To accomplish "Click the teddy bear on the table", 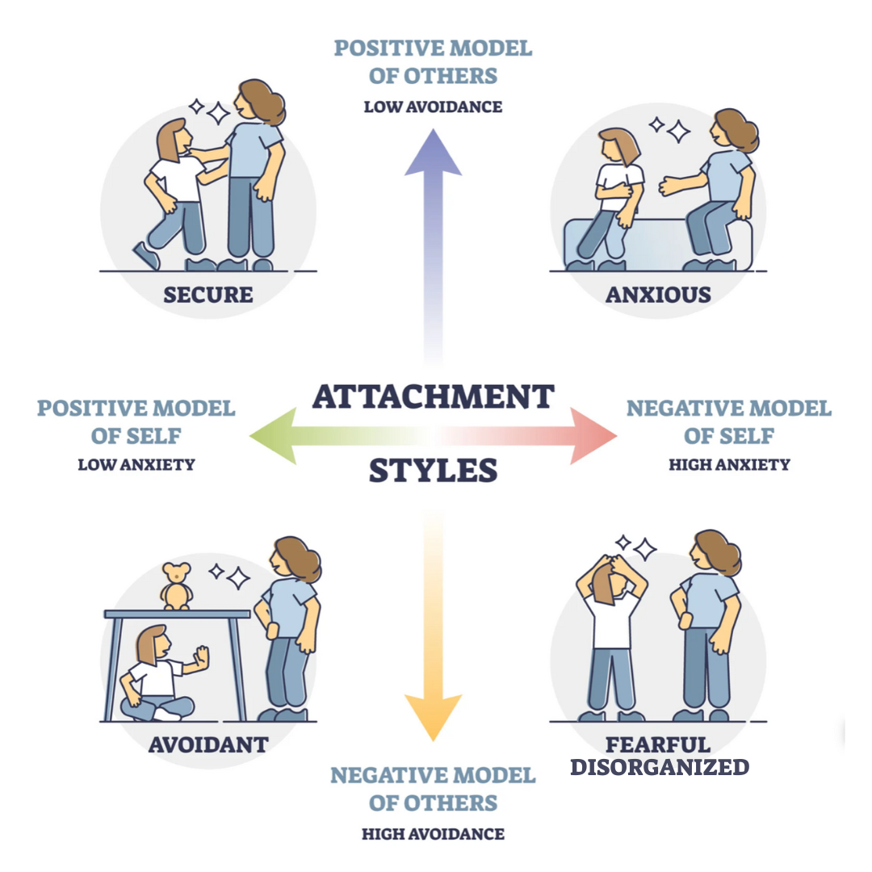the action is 177,586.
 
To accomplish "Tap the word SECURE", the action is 208,295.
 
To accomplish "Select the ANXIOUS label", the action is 659,295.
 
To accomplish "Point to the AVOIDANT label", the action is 208,744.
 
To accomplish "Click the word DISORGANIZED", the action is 660,768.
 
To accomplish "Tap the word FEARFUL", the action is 658,744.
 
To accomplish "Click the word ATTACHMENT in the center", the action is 434,397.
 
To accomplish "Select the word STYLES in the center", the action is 434,471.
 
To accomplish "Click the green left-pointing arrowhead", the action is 273,436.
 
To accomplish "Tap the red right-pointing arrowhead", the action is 593,436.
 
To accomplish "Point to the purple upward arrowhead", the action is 434,153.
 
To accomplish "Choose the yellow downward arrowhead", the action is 434,718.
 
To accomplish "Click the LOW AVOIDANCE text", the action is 434,107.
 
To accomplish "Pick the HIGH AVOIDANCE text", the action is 434,834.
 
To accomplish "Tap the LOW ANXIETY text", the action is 136,464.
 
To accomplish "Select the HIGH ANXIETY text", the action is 729,464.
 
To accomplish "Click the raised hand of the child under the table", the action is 201,656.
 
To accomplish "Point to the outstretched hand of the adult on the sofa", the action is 669,187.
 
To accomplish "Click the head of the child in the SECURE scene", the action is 174,139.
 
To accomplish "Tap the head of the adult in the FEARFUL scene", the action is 714,551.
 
